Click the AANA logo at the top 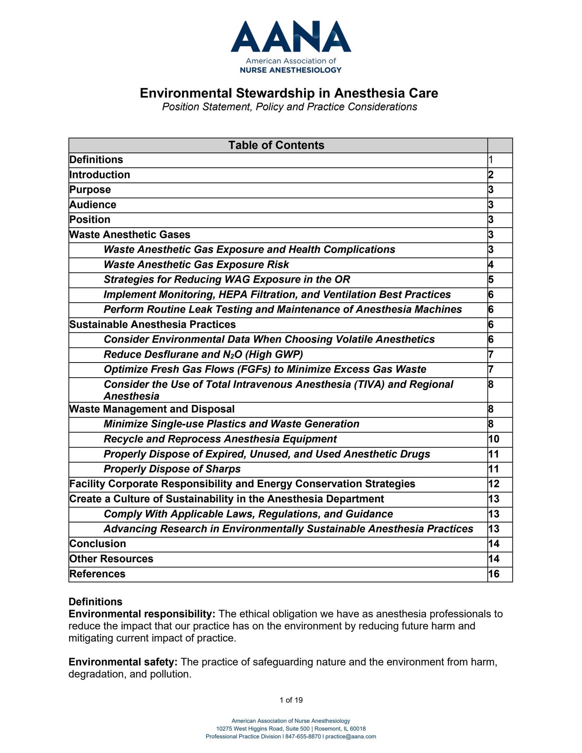(x=290, y=46)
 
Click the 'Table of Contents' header (x=276, y=145)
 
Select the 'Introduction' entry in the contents (x=100, y=175)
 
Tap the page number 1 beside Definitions (x=490, y=160)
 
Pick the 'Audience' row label (x=93, y=204)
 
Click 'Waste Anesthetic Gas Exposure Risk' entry (x=196, y=264)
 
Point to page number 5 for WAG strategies (x=491, y=279)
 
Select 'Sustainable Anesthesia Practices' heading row (x=153, y=324)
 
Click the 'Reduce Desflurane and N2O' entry (x=203, y=354)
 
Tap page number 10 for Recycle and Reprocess (x=494, y=439)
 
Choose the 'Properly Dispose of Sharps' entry (x=172, y=469)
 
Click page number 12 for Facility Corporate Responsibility (x=494, y=483)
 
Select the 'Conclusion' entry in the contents (x=98, y=543)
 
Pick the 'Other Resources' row (x=111, y=558)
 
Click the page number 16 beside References (x=494, y=574)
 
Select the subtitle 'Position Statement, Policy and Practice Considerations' (x=289, y=107)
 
